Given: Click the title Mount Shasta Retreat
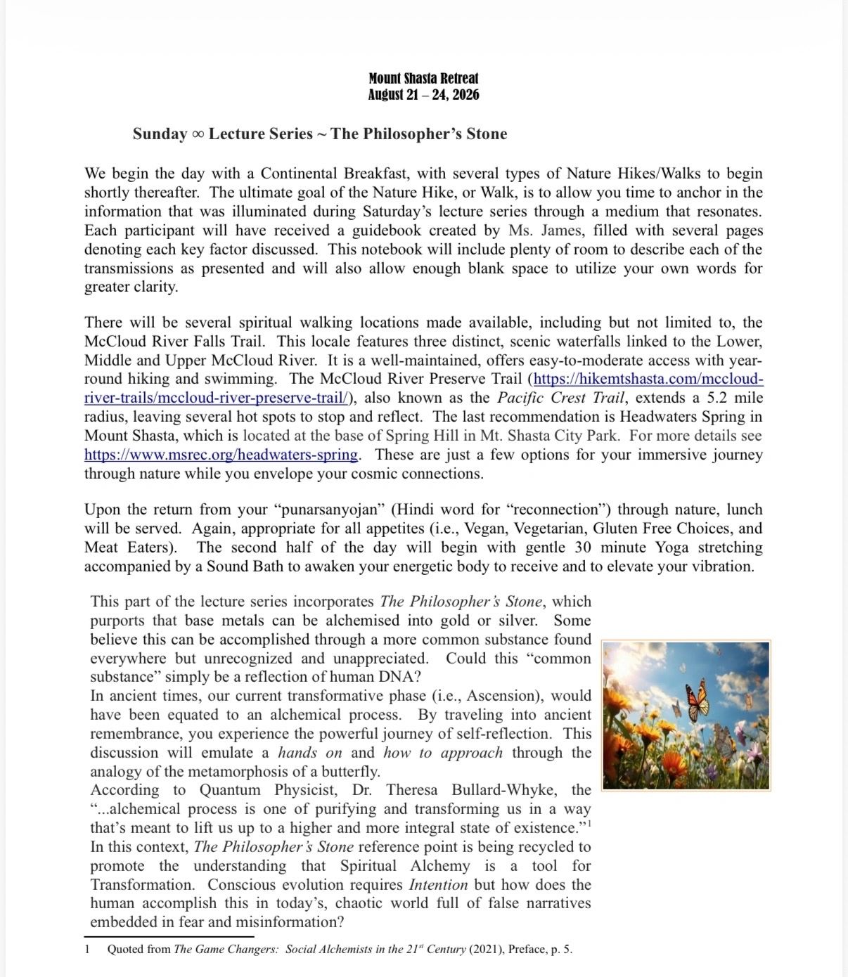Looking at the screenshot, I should pos(423,78).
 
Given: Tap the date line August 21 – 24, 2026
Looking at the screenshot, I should pos(423,95).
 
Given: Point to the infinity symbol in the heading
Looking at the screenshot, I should pos(198,134).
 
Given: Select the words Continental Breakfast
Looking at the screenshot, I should pos(334,174).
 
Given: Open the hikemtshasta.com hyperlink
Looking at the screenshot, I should pos(648,379).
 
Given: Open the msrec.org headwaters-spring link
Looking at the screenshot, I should pos(221,455).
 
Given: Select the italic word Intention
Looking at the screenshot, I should pos(438,885).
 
